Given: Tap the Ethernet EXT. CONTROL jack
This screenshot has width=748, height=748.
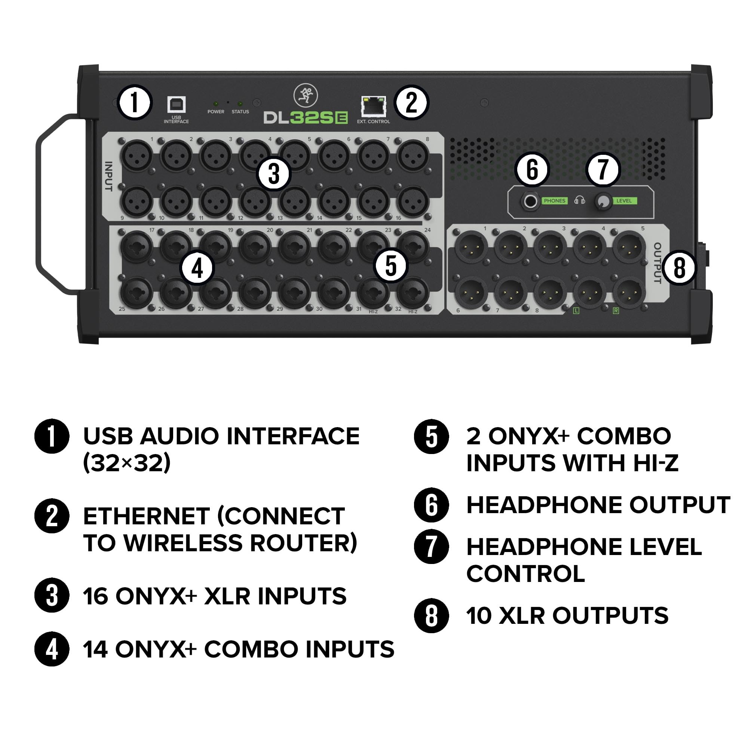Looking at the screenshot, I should click(x=373, y=106).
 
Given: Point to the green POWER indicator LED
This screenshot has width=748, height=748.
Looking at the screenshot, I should click(x=216, y=104).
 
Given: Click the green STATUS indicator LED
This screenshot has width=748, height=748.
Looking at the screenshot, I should click(x=240, y=104).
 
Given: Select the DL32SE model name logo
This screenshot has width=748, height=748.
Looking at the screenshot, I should click(x=306, y=118).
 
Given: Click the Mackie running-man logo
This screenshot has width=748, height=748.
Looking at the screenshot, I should click(x=306, y=96).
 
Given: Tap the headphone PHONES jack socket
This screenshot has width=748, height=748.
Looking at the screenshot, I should click(x=530, y=201).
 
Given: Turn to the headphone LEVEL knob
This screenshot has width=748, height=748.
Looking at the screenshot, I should click(x=603, y=201).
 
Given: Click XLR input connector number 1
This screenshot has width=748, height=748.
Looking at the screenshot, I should click(x=137, y=156).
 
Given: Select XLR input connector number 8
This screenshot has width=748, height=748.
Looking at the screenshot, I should click(x=413, y=156).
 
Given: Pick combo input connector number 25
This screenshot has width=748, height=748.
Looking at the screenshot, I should click(x=137, y=293).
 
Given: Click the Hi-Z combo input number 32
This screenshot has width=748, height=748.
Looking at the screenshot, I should click(x=413, y=293).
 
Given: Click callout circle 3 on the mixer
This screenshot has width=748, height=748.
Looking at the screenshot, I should click(x=274, y=174).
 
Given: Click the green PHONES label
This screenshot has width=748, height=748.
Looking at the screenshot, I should click(x=554, y=201).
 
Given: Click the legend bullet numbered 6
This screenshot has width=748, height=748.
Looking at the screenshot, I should click(x=431, y=505).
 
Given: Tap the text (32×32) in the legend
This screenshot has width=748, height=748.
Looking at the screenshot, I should click(x=127, y=463).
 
